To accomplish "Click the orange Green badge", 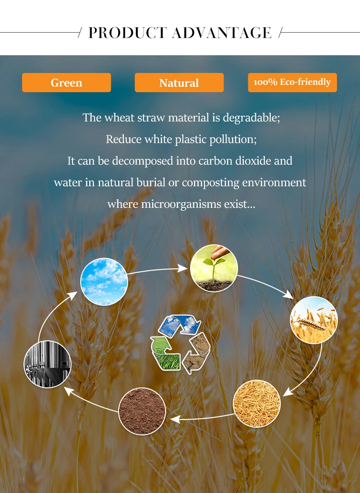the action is [x=66, y=83].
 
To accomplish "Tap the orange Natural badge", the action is [x=179, y=83].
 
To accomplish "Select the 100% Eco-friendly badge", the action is [x=292, y=83].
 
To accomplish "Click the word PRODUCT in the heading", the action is [x=127, y=33].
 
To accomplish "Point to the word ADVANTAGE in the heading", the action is [x=222, y=33].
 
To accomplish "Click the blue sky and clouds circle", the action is [x=104, y=281].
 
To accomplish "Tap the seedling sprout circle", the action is [x=214, y=268].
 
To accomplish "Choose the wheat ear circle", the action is [x=314, y=320].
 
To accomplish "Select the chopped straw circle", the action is [x=256, y=403].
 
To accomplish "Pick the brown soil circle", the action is [x=142, y=411].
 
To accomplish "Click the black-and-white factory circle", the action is [x=48, y=364].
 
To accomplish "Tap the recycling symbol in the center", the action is [x=180, y=344].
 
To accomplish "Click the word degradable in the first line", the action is [x=251, y=118].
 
